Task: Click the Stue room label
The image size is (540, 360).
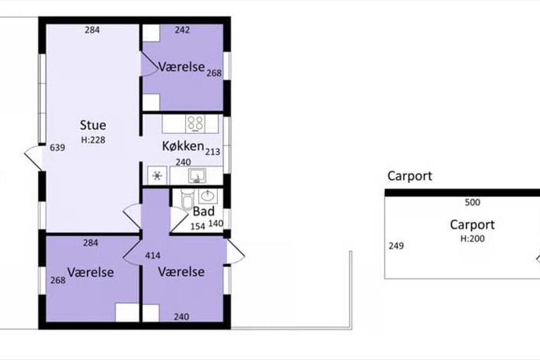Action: click(x=93, y=125)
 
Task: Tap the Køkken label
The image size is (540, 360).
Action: click(x=183, y=146)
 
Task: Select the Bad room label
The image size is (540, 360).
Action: click(x=204, y=211)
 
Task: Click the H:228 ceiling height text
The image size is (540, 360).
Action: click(x=93, y=140)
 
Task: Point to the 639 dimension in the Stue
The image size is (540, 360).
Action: click(x=58, y=148)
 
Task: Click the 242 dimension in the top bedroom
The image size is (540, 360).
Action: click(x=182, y=30)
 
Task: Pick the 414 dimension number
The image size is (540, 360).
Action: click(x=153, y=255)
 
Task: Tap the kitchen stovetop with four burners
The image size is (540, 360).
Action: click(x=195, y=123)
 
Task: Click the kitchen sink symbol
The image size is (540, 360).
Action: click(x=197, y=175)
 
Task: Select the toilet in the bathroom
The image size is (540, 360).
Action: click(x=188, y=199)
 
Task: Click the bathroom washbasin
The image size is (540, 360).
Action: click(x=208, y=196)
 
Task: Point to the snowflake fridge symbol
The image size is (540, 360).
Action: click(x=157, y=175)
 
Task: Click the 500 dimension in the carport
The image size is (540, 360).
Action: click(x=472, y=202)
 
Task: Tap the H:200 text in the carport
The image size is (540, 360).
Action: click(x=472, y=238)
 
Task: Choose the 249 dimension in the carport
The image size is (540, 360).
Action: click(x=396, y=246)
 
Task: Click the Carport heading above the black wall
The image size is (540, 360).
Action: click(x=409, y=176)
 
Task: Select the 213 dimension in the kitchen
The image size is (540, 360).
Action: click(x=212, y=152)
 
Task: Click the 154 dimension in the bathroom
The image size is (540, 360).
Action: click(x=198, y=226)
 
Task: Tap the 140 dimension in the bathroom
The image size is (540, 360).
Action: click(x=216, y=224)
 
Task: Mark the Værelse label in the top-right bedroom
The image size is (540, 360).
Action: click(x=181, y=67)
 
